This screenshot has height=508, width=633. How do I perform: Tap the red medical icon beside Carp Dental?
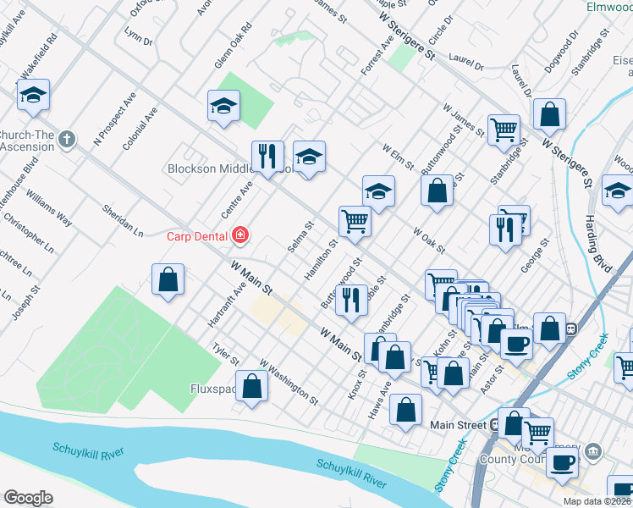click(241, 235)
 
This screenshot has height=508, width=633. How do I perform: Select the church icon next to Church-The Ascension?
click(69, 140)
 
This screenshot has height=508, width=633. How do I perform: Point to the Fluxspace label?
click(212, 390)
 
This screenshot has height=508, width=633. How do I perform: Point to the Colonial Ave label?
click(139, 128)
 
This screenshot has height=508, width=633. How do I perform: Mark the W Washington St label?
click(289, 381)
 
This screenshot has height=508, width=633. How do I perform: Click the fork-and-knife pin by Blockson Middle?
click(267, 157)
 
